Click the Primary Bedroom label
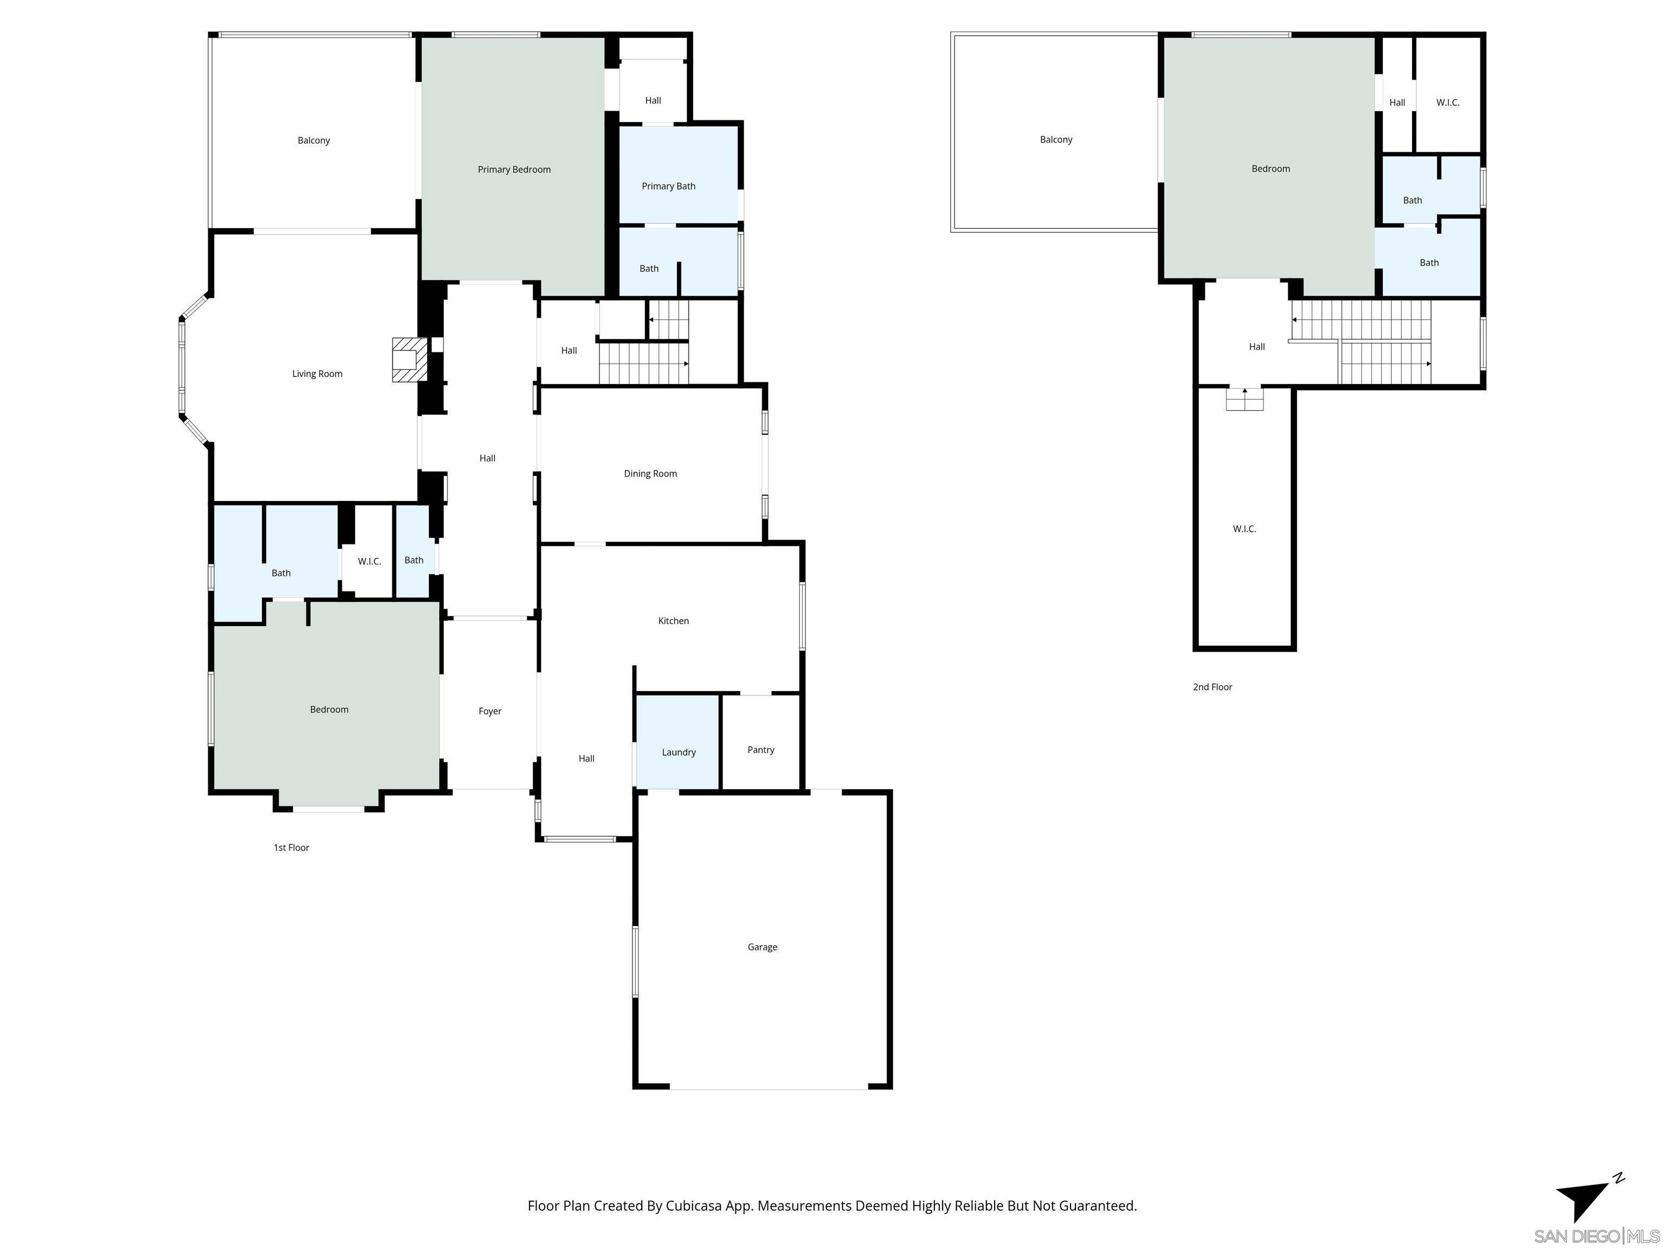click(x=514, y=169)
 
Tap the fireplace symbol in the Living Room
click(x=407, y=360)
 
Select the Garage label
click(x=761, y=947)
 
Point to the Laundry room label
click(x=678, y=752)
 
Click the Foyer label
click(x=490, y=711)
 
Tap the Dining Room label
click(x=650, y=473)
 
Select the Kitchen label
click(x=673, y=621)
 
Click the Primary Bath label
click(x=668, y=186)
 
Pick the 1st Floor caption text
click(x=291, y=848)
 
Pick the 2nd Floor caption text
click(x=1212, y=687)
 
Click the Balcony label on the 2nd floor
click(x=1056, y=140)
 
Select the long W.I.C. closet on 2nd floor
click(x=1244, y=529)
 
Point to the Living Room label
click(x=317, y=374)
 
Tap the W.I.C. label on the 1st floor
click(x=369, y=561)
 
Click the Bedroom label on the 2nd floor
click(x=1270, y=168)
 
